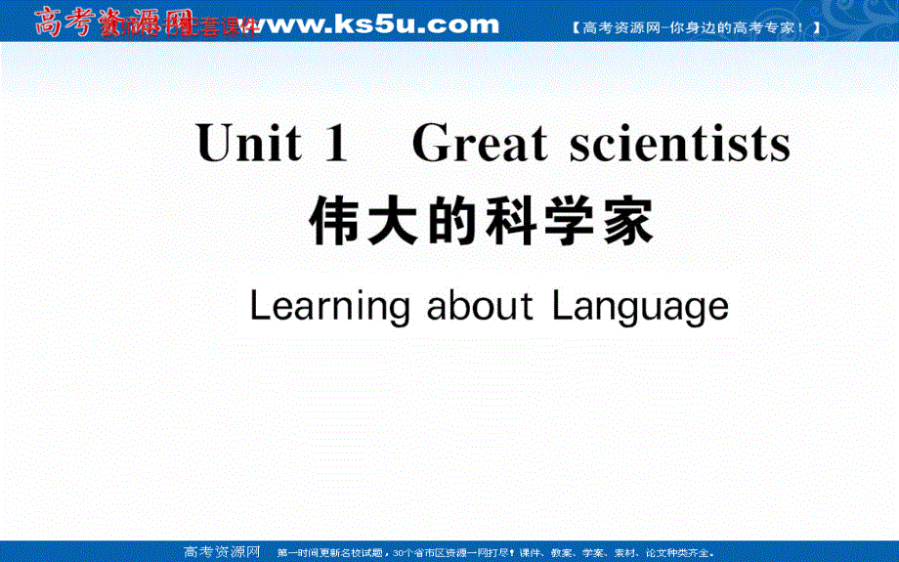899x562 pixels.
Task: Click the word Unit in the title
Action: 248,146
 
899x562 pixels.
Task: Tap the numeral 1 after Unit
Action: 334,146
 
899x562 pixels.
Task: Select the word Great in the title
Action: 479,146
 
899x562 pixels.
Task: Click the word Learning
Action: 329,307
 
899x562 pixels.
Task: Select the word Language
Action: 640,307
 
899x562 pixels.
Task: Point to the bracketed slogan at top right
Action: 695,28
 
